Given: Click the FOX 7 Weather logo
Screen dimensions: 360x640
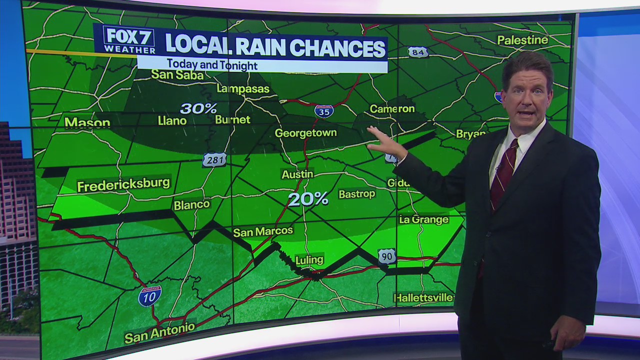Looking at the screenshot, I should pos(129,39).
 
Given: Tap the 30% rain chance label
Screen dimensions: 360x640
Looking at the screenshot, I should pos(198,108).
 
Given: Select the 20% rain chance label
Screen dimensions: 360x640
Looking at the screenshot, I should pos(308,199).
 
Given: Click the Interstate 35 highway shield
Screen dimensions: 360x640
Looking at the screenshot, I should pos(324,111).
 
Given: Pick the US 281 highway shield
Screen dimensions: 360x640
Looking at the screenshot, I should pos(214,160).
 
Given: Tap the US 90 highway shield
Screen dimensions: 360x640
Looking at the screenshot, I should pos(387,256).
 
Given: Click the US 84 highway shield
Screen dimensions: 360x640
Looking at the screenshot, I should pos(417,52).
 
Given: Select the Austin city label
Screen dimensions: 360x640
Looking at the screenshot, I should pos(297,174).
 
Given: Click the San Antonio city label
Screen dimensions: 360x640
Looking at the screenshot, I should pos(159,333).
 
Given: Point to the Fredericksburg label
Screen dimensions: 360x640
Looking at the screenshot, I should pos(123,184).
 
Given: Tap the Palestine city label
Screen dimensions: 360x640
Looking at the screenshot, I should pos(522,40).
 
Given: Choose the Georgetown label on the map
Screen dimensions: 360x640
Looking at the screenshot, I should pos(306,133).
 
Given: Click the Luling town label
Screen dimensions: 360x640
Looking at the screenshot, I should pos(309,260).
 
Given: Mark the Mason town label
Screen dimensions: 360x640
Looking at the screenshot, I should pos(87,122).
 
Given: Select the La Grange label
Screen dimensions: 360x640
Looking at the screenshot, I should pos(423,219).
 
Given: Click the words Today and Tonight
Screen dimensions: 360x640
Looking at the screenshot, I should pos(212,64).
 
